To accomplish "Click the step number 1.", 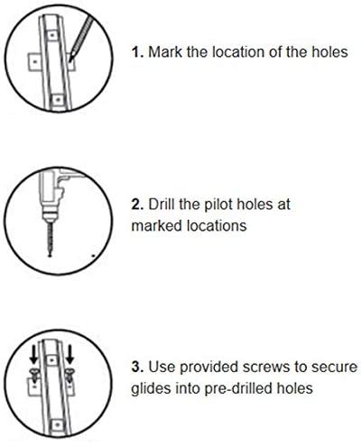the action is click(137, 52).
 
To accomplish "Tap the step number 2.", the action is click(137, 204).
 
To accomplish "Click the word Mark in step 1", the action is click(165, 51).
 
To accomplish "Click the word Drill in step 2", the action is click(162, 204).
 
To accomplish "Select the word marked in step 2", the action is click(157, 225).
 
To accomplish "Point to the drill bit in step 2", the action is click(50, 239).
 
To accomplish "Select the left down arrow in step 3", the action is click(34, 354).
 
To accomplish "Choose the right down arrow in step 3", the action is click(70, 354).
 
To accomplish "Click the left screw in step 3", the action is click(33, 375).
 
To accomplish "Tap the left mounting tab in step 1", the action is click(35, 62).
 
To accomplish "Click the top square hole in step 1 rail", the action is click(53, 35).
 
